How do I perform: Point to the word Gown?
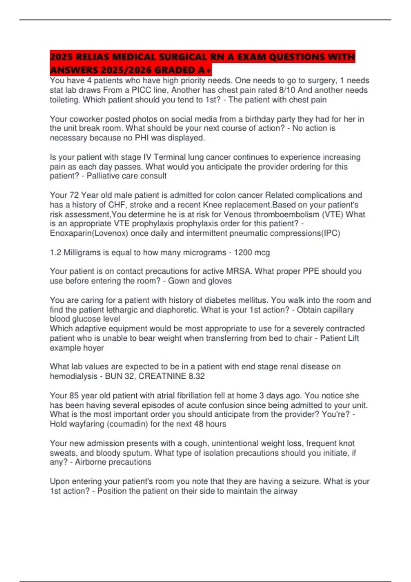pos(178,281)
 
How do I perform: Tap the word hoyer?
pos(93,348)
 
